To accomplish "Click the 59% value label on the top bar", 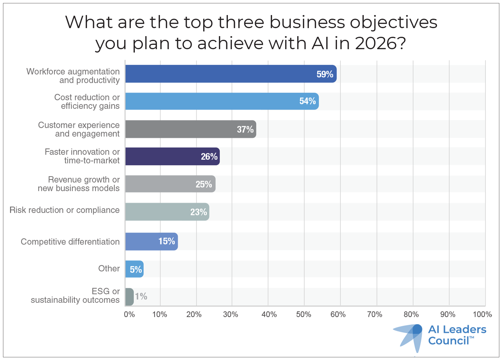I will pos(325,74).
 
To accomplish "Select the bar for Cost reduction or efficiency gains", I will pos(221,101).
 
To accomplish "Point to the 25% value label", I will pos(203,184).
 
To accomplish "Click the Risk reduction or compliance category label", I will pos(65,210).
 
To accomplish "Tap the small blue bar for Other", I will pos(134,269).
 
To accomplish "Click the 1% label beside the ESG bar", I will pos(141,296).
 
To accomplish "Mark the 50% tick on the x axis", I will pos(304,314).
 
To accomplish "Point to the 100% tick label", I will pos(482,314).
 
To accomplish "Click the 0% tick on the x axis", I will pos(129,314).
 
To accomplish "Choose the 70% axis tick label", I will pos(374,314).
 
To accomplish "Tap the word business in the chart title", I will pos(307,22).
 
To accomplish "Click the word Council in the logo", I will pos(448,341).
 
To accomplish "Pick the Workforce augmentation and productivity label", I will pos(73,76).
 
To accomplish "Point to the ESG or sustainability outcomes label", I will pos(75,296).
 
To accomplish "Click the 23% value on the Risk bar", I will pos(198,212).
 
